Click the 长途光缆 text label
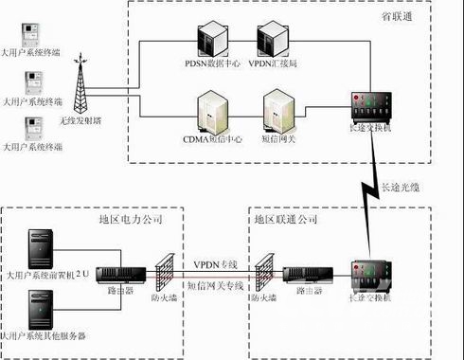402,186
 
